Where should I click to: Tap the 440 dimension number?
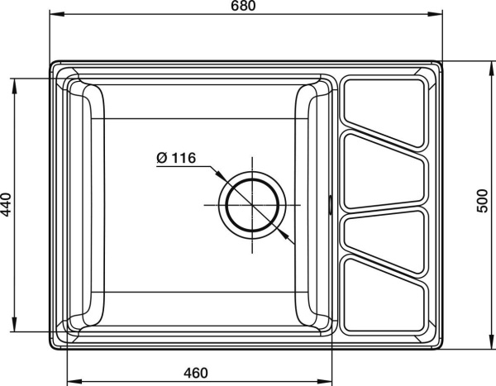pos(7,204)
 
